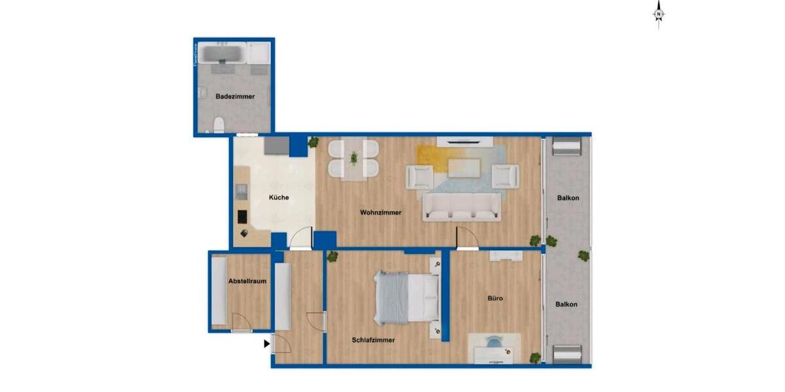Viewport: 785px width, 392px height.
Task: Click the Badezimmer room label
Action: coord(235,97)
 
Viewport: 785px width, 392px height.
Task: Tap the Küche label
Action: coord(279,197)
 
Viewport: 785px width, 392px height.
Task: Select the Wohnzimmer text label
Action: coord(381,212)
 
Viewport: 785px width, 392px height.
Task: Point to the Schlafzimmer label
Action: coord(373,340)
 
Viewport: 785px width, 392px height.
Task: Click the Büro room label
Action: coord(495,299)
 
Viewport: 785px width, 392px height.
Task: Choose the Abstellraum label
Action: coord(247,282)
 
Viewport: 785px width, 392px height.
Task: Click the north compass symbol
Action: coord(659,14)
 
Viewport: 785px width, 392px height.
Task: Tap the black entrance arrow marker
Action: coord(267,343)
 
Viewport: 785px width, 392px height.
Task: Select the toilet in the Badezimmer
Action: coord(220,123)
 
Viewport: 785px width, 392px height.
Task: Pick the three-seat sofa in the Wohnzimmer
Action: coord(462,207)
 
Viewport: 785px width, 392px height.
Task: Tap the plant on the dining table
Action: coord(354,158)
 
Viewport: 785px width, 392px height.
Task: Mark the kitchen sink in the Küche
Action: coord(241,191)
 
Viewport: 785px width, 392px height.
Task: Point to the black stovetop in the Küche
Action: coord(241,217)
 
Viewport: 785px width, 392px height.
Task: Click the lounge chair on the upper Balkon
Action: coord(567,147)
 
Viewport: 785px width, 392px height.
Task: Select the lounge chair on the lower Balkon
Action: coord(567,354)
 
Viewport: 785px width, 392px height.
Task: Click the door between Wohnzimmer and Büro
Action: coord(467,239)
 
